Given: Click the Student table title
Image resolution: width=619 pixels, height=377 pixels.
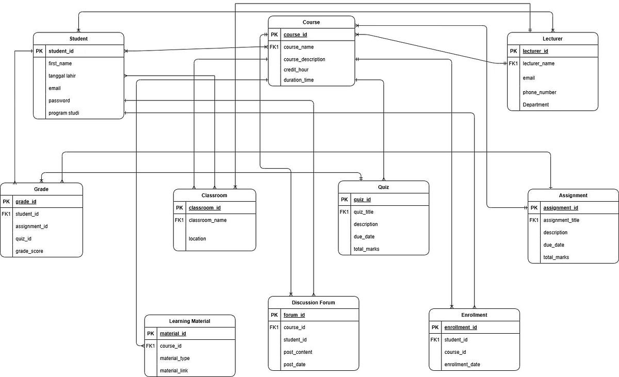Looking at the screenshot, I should coord(78,39).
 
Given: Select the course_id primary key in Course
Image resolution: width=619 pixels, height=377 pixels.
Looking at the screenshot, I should coord(295,35).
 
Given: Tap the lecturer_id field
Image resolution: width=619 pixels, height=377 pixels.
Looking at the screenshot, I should coord(535,51).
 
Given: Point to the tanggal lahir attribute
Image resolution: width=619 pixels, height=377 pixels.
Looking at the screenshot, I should coord(62,76).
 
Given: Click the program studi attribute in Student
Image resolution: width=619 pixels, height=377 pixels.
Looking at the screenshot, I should coord(63,113).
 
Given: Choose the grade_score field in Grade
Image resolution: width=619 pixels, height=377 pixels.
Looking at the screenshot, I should coord(29,251).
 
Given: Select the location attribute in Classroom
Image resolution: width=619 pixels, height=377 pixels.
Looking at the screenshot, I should coord(197,239).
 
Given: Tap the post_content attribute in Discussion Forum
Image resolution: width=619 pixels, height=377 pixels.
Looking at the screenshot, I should coord(298,352).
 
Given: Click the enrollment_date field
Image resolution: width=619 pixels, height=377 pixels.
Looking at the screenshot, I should coord(462,365).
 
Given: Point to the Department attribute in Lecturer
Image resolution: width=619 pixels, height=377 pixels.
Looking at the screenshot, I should coord(535,105).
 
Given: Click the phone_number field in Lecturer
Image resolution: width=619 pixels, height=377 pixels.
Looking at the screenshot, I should coord(540,92).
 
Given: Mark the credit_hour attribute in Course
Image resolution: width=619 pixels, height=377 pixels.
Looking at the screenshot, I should coord(296,70).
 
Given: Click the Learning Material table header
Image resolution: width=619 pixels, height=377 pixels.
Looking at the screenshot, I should coord(189,321).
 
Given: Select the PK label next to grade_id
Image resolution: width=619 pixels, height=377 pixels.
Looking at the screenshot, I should coord(6,202).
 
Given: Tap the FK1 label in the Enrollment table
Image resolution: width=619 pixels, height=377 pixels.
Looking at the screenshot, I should coord(435,340).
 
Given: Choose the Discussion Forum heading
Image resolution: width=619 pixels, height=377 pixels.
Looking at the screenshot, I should coord(313,303).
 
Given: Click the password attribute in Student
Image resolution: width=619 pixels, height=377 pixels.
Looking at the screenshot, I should coord(59,101).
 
